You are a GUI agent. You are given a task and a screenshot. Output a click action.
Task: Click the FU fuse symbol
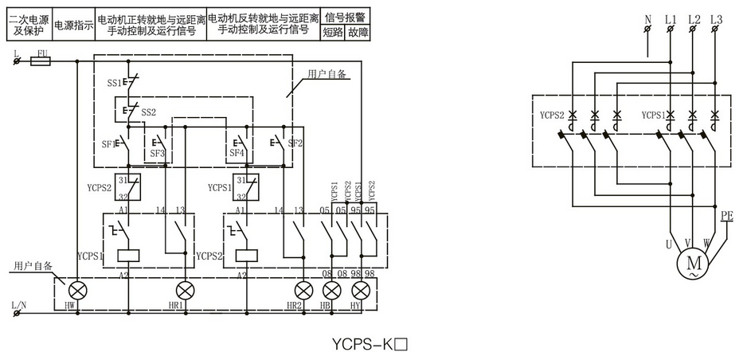tap(41, 60)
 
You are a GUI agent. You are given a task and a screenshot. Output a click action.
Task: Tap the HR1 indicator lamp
tap(185, 288)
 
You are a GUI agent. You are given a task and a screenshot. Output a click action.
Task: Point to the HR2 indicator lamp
tap(303, 288)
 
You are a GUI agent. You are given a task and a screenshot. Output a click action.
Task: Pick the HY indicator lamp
tap(362, 288)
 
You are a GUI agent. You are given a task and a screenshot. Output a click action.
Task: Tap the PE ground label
tap(726, 216)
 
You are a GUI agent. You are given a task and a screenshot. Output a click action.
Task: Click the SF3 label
tap(157, 153)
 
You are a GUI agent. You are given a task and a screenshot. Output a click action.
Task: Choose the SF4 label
tap(237, 153)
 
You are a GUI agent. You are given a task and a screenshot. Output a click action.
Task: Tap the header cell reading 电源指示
tap(73, 25)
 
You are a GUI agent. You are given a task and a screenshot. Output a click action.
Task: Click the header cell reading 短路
tap(332, 33)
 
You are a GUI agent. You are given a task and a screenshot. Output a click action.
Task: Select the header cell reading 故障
tap(358, 33)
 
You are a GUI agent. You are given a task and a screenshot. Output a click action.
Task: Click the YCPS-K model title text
tap(370, 346)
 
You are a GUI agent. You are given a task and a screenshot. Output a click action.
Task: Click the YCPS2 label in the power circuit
tap(552, 115)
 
